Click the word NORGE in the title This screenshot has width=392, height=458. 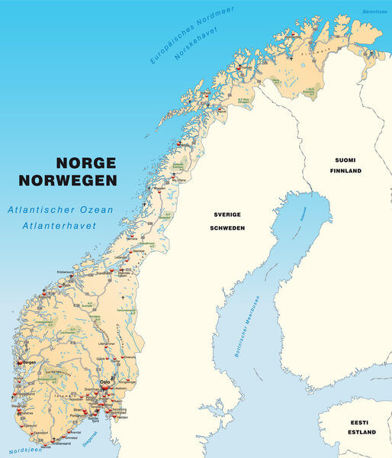pyautogui.click(x=85, y=163)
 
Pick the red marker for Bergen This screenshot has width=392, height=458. pyautogui.click(x=24, y=362)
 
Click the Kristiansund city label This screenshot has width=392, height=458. pyautogui.click(x=68, y=272)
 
